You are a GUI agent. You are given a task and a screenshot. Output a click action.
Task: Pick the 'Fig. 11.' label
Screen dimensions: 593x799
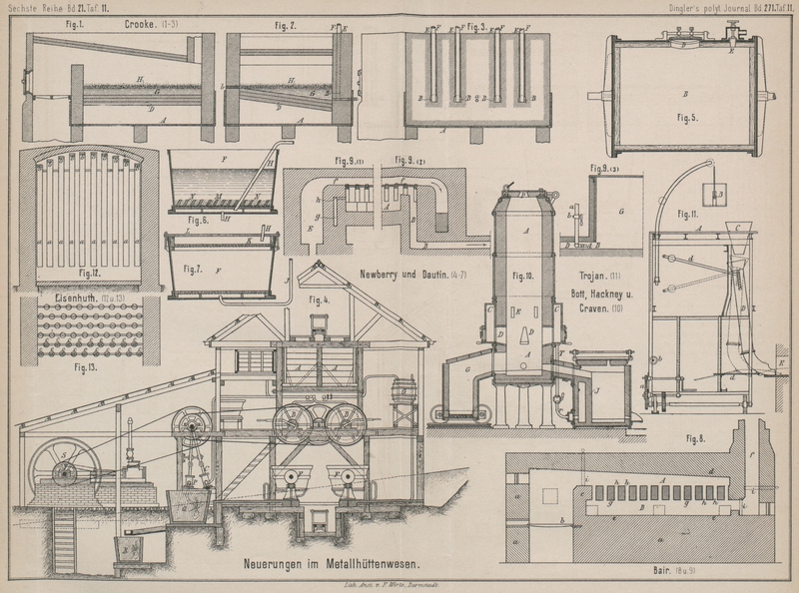[x=687, y=213]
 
